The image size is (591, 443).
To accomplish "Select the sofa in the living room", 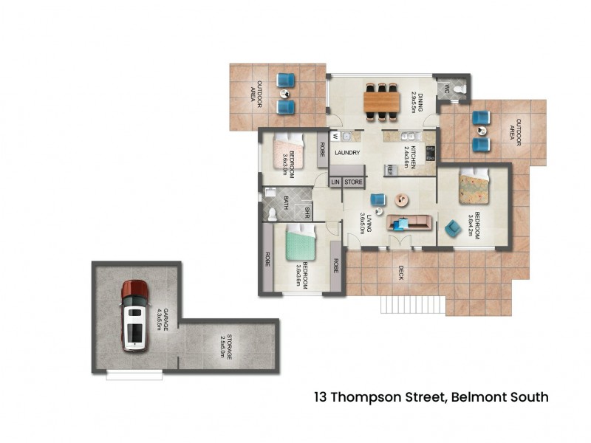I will click(409, 222).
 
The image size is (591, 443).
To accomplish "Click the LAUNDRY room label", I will click(346, 153).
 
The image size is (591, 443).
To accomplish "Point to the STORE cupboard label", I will click(353, 181).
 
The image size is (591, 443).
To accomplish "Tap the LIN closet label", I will click(335, 181).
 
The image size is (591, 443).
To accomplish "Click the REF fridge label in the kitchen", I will click(389, 170).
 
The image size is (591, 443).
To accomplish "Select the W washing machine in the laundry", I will click(335, 135).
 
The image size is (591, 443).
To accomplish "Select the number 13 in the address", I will click(321, 397).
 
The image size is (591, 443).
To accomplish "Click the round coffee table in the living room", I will click(403, 199).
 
